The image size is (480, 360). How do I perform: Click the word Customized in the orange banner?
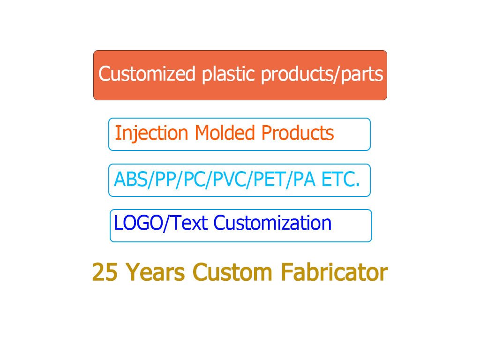tap(147, 74)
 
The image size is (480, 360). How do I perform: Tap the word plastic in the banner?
tap(228, 75)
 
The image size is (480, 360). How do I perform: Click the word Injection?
tap(151, 134)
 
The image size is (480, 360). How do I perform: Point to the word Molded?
tap(225, 133)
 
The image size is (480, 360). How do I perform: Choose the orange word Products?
tap(298, 133)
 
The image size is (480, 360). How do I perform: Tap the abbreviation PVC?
tap(229, 180)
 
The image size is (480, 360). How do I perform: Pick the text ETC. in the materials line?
tap(340, 180)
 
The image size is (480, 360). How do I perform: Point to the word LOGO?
tap(138, 223)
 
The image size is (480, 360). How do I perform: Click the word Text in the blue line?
tap(190, 223)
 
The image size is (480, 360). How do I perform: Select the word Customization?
tap(272, 223)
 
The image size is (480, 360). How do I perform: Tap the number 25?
tap(105, 272)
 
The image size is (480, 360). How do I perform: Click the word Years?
tap(156, 272)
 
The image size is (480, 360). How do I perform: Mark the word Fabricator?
tap(334, 272)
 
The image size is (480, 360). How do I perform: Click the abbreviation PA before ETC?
tap(304, 180)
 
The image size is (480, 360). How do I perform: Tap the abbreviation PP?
tap(165, 180)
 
